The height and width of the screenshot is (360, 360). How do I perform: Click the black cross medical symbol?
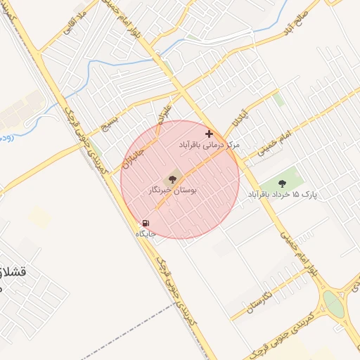click(x=209, y=133)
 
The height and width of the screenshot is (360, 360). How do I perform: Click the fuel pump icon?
click(x=146, y=223)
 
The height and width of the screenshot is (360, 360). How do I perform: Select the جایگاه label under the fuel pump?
click(x=145, y=233)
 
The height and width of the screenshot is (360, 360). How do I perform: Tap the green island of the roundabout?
click(x=333, y=304)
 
